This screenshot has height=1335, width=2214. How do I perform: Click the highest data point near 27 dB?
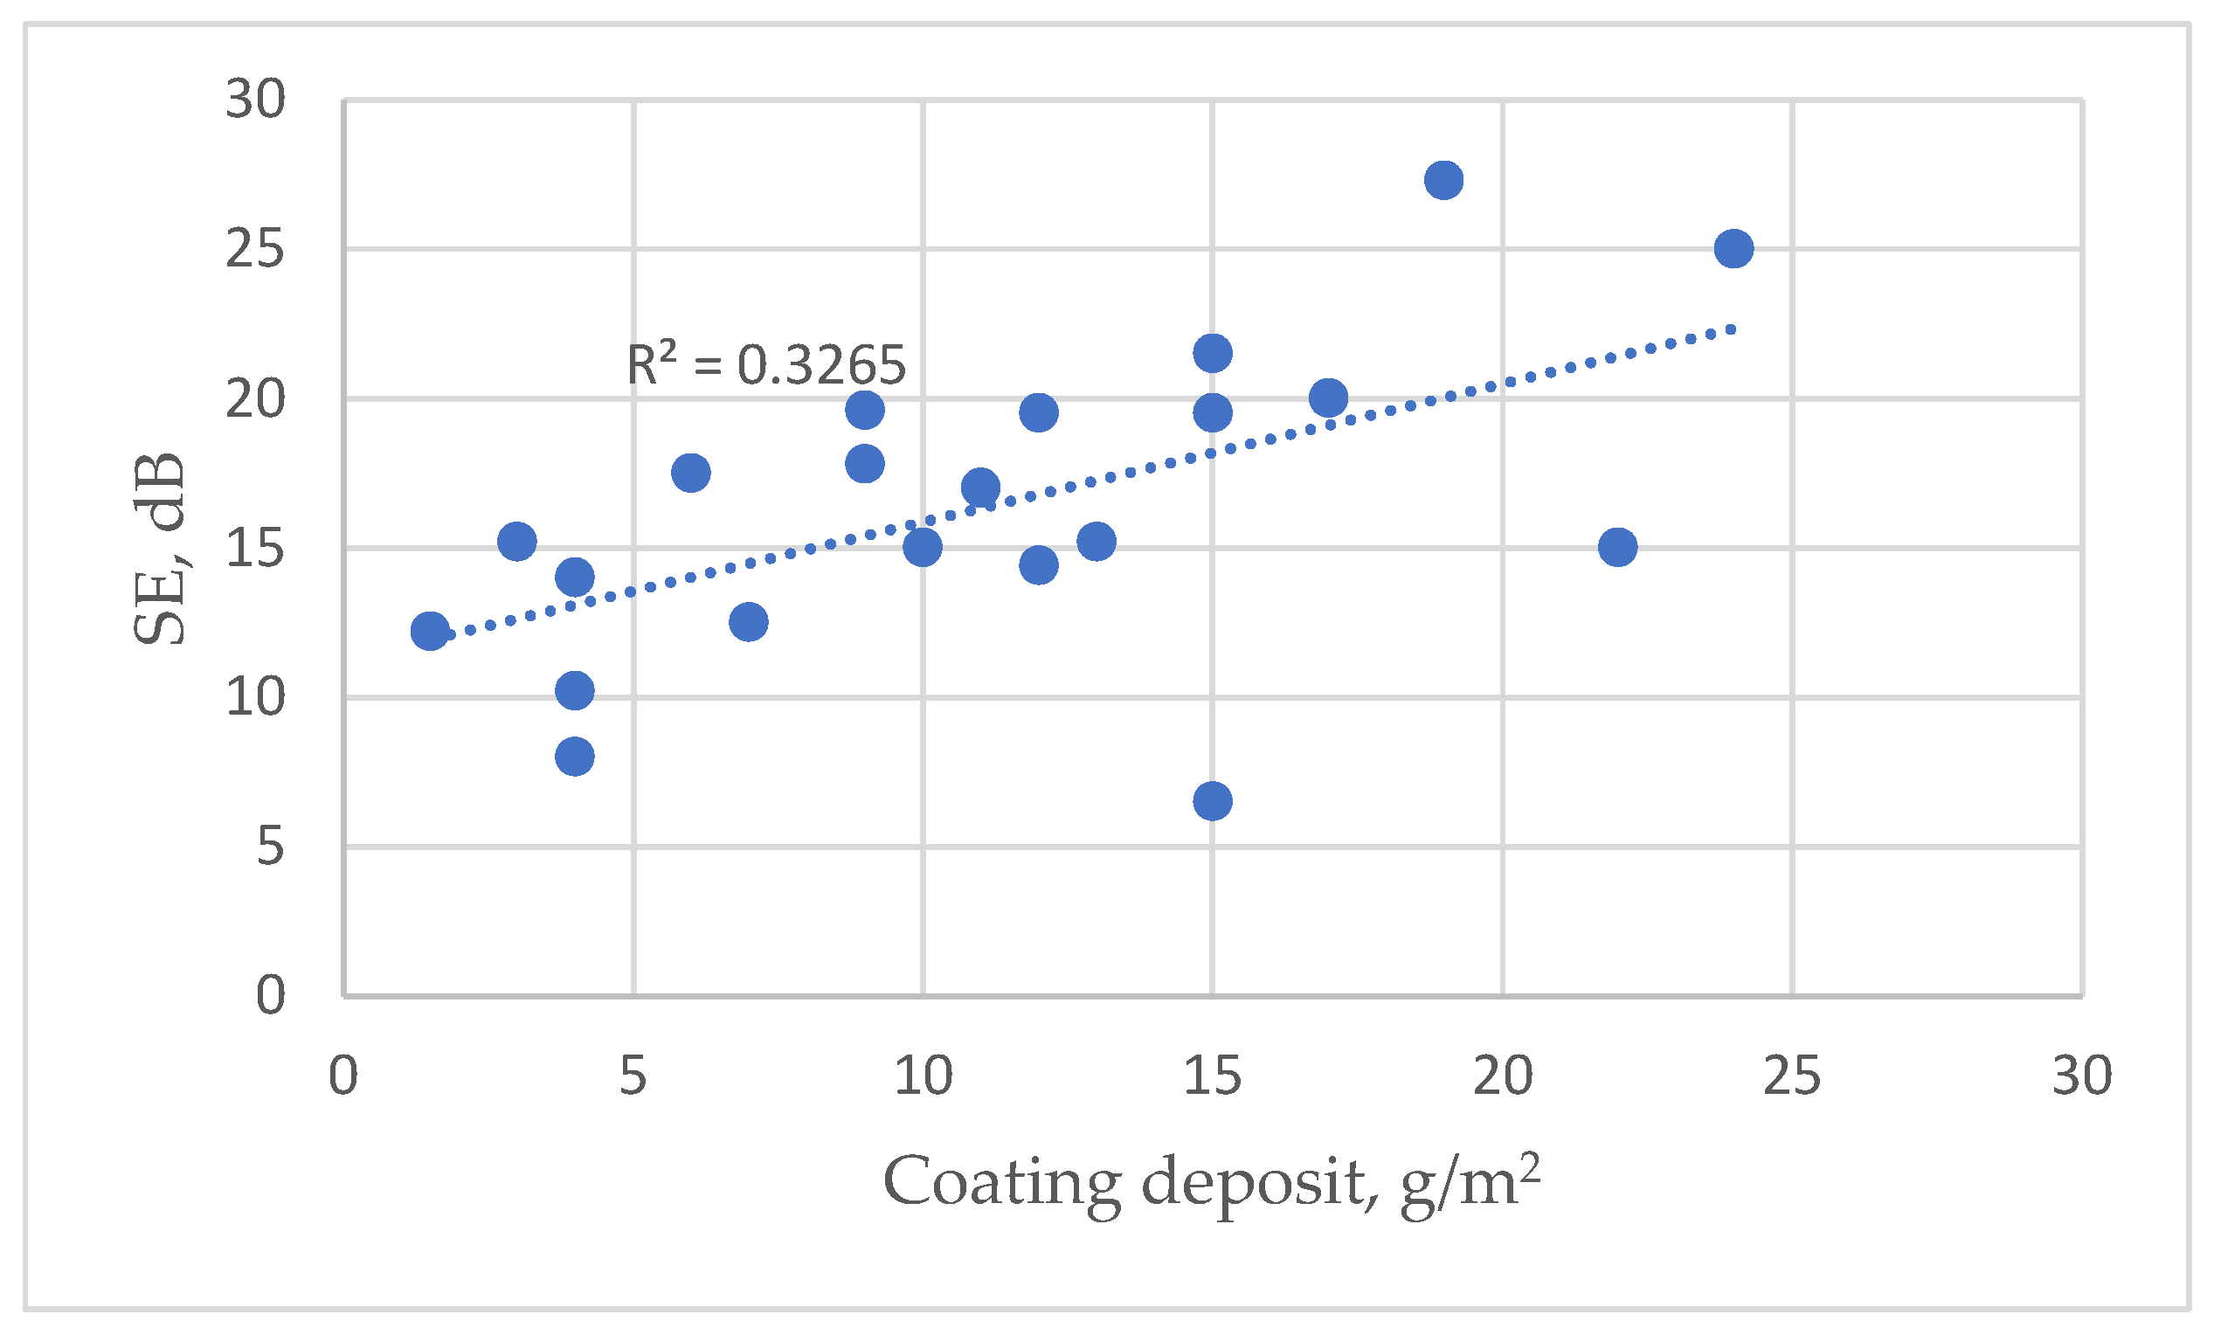[x=1443, y=181]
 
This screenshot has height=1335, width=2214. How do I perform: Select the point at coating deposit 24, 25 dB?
[x=1733, y=249]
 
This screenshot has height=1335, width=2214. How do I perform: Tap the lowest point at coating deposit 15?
[x=1212, y=800]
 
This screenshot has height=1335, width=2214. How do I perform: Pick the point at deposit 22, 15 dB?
[x=1617, y=547]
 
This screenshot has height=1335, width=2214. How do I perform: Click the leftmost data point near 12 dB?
[x=430, y=632]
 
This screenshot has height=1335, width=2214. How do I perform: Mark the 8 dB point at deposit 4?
[x=574, y=757]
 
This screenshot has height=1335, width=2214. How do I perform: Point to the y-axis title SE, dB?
[x=160, y=549]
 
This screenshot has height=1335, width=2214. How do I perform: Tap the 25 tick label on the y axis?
[x=255, y=250]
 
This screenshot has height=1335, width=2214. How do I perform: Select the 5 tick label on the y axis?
[x=271, y=847]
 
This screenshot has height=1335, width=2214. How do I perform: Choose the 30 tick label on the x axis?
[x=2082, y=1076]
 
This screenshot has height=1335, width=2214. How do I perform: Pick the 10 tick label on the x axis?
[x=923, y=1076]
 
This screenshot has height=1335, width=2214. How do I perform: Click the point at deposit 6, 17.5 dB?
[x=690, y=473]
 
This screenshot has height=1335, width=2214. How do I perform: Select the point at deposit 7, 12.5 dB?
[x=749, y=622]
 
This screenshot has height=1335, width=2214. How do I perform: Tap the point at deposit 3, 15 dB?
[x=516, y=542]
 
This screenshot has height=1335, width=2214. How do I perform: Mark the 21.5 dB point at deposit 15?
[x=1212, y=353]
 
